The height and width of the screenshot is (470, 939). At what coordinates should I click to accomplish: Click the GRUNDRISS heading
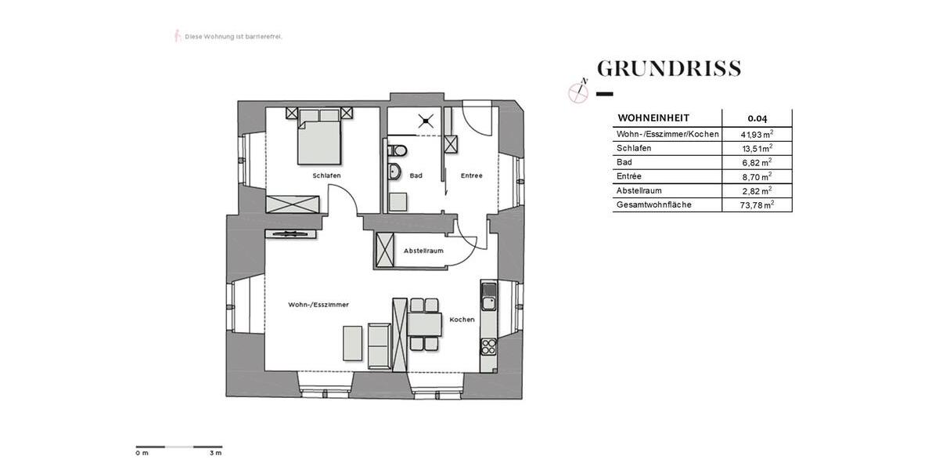[x=669, y=69]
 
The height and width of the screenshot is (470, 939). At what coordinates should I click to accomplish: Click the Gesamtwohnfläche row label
[x=654, y=205]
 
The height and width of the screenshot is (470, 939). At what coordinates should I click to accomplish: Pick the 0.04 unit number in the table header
[x=757, y=118]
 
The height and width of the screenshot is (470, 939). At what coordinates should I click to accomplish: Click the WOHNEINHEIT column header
[x=653, y=118]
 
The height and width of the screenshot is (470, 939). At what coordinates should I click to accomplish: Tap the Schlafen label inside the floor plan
[x=326, y=175]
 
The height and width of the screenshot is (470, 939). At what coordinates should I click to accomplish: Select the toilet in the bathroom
[x=397, y=150]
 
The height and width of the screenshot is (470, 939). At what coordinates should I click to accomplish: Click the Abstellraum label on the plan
[x=423, y=251]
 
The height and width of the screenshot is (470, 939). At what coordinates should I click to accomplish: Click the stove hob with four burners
[x=489, y=345]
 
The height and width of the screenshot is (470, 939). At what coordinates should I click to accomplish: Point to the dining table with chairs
[x=423, y=323]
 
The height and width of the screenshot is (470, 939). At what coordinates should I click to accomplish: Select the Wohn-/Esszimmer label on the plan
[x=318, y=304]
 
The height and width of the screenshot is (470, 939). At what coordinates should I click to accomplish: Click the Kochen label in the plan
[x=462, y=320]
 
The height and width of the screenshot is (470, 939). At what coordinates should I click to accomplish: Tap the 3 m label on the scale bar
[x=215, y=454]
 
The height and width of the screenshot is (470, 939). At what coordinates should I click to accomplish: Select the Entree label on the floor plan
[x=471, y=175]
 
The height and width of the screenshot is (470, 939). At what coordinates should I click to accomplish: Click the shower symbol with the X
[x=426, y=121]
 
